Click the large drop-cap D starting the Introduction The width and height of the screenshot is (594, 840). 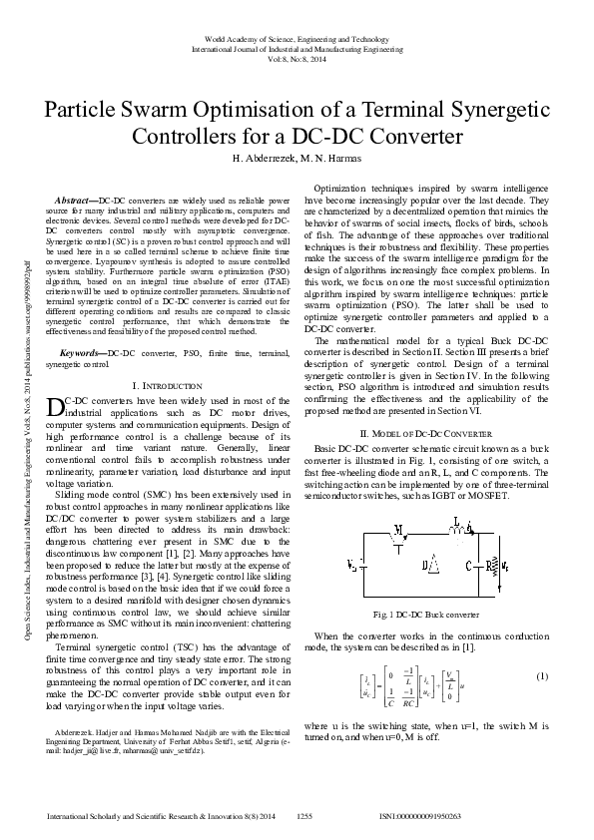point(55,405)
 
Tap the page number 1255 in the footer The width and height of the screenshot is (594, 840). point(305,816)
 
